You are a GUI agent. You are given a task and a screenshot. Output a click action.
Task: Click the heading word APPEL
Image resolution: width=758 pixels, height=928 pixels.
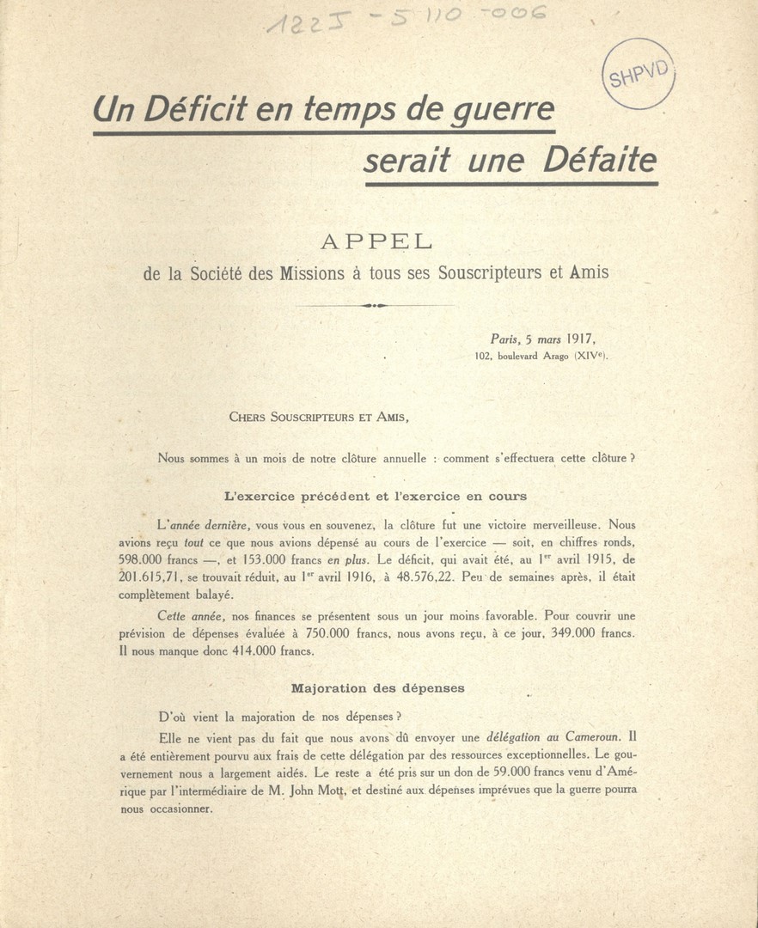[x=376, y=242]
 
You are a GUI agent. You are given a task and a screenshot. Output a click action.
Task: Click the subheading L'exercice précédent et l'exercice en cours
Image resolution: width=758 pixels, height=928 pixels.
[x=375, y=497]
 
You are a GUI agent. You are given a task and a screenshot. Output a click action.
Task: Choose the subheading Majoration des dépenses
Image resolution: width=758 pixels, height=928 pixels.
[x=378, y=688]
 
